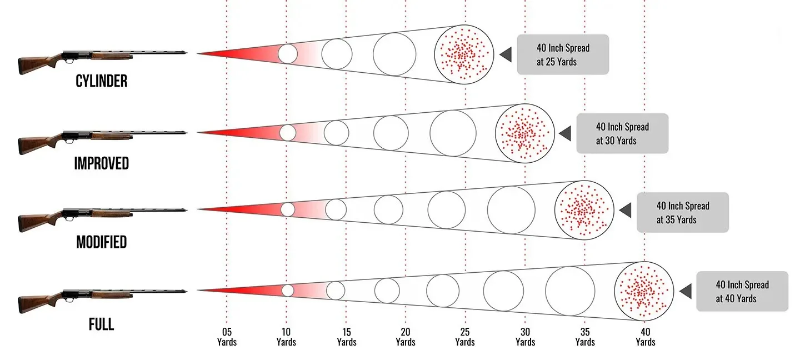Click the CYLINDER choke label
[x=102, y=81]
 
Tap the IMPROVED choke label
[x=102, y=163]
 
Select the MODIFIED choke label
[x=102, y=242]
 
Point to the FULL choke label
[x=102, y=324]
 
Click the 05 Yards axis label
[x=227, y=337]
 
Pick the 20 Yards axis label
[x=406, y=337]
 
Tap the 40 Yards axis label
[x=646, y=337]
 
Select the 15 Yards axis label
[x=347, y=337]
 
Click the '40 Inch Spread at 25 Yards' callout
[x=563, y=54]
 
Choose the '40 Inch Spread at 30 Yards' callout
[x=622, y=133]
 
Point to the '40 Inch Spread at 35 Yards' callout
[x=682, y=212]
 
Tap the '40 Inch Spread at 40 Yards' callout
[x=742, y=292]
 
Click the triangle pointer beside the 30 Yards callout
[x=565, y=133]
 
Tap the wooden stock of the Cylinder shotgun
[x=36, y=64]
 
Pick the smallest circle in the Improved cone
[x=288, y=133]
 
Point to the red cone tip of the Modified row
[x=198, y=209]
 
